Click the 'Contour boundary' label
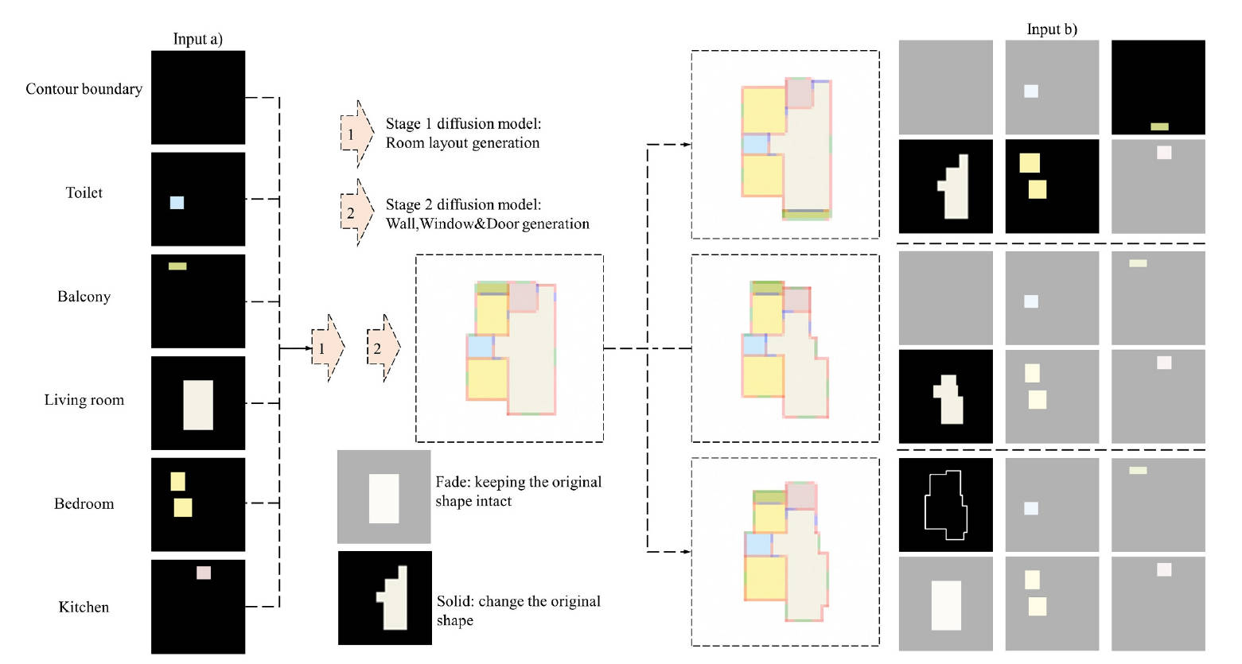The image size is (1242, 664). click(x=84, y=89)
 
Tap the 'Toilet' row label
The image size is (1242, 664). click(x=84, y=192)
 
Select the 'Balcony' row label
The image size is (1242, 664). click(x=84, y=297)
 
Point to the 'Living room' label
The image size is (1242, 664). click(x=84, y=400)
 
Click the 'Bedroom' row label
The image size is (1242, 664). click(x=84, y=503)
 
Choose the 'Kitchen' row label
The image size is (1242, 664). click(x=84, y=607)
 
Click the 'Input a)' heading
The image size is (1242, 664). click(x=197, y=39)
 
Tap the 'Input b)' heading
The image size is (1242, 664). click(x=1051, y=29)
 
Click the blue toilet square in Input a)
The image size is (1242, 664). click(x=177, y=203)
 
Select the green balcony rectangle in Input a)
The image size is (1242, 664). click(x=177, y=266)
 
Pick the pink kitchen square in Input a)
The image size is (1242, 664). click(x=204, y=573)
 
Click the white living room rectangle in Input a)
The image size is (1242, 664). click(x=198, y=405)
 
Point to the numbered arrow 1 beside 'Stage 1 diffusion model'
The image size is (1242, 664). click(x=356, y=134)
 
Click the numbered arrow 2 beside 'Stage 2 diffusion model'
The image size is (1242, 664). click(x=356, y=212)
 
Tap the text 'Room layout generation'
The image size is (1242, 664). click(x=462, y=143)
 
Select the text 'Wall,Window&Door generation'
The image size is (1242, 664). click(x=487, y=223)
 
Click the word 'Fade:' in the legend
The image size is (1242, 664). click(x=452, y=482)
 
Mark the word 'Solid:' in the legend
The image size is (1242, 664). click(x=454, y=601)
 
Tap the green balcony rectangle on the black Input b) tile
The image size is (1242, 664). click(x=1159, y=126)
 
